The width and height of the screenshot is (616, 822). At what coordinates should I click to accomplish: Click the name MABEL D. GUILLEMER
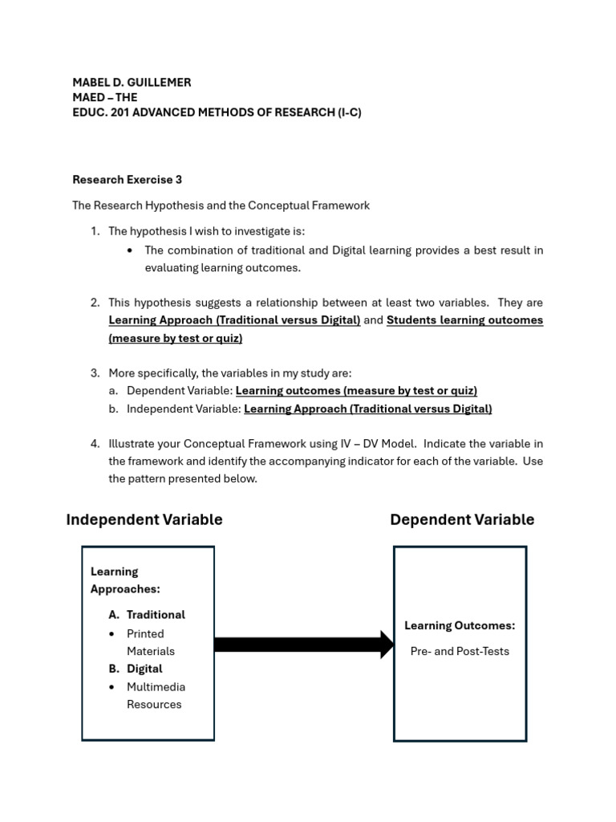coord(132,83)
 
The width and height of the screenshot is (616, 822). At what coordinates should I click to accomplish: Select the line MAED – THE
coord(104,98)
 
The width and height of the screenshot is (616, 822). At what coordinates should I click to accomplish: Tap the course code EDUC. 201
coord(100,113)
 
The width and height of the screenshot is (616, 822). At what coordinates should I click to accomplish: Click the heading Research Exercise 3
coord(127,180)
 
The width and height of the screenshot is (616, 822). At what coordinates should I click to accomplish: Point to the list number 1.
coord(95,231)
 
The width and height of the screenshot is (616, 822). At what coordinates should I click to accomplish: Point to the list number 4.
coord(95,444)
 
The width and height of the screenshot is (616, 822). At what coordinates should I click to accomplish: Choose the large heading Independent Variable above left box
coord(144,520)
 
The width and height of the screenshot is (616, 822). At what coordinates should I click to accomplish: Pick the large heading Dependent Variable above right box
coord(462,520)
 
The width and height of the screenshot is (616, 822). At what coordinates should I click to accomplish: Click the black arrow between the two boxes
coord(303,645)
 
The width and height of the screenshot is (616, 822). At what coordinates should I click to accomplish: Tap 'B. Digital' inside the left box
coord(136,669)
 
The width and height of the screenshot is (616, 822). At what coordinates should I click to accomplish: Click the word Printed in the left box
coord(145,634)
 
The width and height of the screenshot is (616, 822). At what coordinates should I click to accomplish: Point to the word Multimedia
coord(156,687)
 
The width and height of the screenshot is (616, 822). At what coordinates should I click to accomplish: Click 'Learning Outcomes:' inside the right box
coord(460,626)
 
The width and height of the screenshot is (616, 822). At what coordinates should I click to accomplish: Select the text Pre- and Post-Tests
coord(460,652)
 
